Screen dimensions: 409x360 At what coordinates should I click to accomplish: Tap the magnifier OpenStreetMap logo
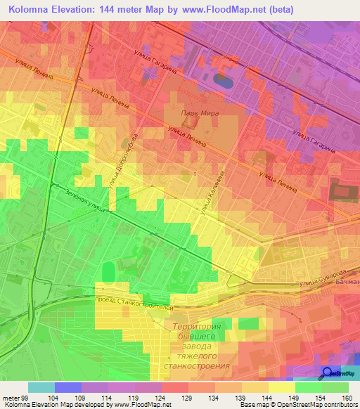pyautogui.click(x=328, y=373)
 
